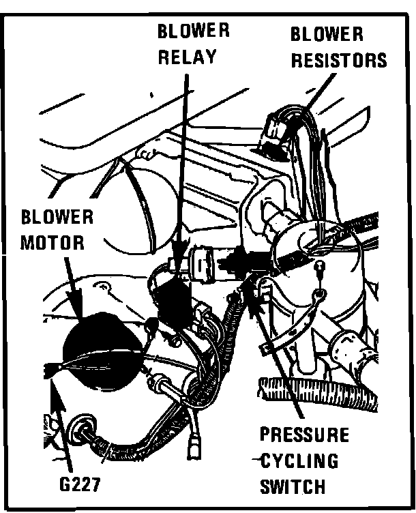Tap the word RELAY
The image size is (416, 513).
point(187,57)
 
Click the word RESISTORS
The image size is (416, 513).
point(339,60)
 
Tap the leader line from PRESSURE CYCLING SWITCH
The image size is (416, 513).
point(280,368)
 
